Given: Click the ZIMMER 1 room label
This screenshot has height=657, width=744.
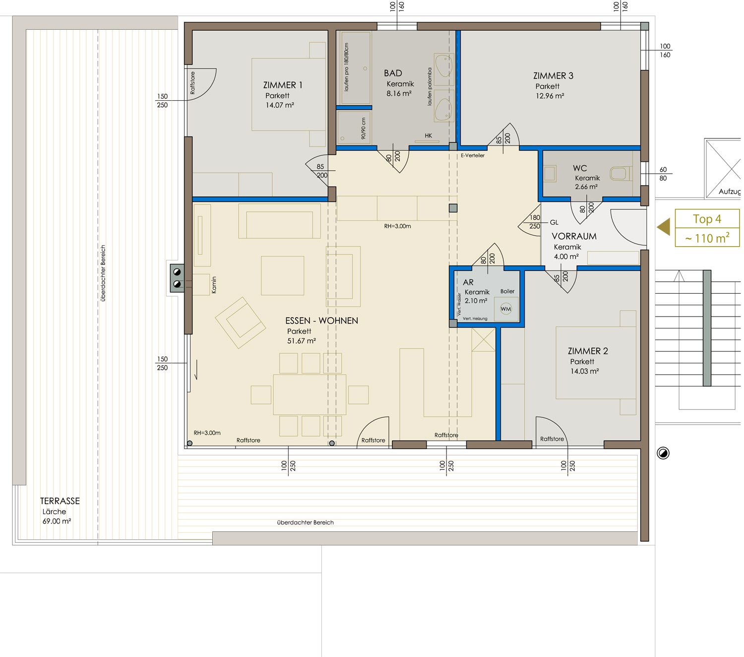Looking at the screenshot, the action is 283,85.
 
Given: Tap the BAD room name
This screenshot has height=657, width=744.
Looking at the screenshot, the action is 393,73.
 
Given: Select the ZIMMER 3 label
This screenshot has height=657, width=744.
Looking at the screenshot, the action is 553,76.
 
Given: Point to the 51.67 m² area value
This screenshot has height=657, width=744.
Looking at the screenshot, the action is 302,341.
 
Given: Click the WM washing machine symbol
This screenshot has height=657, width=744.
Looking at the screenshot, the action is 505,309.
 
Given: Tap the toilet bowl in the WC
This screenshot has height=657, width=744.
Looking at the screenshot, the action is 620,174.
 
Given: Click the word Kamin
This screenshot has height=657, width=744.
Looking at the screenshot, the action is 214,285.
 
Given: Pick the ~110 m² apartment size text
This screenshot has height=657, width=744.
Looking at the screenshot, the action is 707,238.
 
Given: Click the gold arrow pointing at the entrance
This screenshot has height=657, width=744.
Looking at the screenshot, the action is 664,227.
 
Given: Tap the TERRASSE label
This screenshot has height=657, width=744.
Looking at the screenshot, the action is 60,501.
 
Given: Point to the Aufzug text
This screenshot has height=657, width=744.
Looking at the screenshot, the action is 729,192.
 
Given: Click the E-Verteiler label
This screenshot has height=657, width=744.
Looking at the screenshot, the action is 473,155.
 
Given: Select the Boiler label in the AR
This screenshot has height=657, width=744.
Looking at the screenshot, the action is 507,291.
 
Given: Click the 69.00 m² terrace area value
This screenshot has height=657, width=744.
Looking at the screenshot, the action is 57,521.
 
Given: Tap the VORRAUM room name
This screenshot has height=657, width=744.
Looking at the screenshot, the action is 574,236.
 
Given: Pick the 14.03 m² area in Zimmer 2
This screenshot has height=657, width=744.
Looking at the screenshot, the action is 585,371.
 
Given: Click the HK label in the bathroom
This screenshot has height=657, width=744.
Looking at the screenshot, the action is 428,135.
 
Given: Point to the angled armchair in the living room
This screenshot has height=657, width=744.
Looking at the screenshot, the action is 240,323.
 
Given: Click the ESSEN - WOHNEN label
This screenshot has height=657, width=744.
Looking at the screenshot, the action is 322,321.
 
